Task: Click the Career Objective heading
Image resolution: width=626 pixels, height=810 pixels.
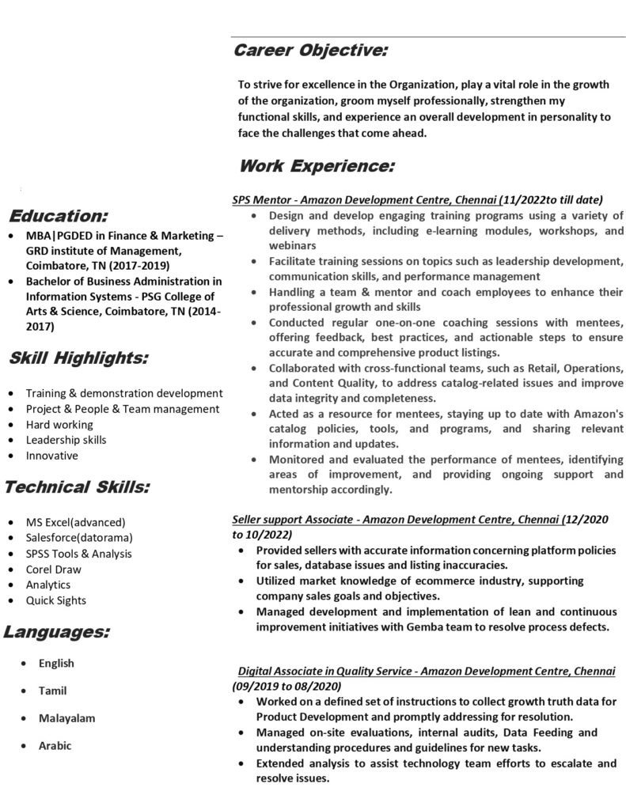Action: coord(310,51)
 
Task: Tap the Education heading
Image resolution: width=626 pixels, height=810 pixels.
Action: coord(59,216)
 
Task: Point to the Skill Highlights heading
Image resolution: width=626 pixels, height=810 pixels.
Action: coord(78,358)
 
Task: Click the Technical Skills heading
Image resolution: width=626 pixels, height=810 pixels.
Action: coord(76,486)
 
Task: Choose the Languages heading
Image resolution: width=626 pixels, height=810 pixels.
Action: coord(56,631)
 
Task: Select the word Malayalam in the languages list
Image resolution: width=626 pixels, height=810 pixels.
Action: coord(66,718)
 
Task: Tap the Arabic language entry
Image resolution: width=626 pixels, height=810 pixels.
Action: coord(55,745)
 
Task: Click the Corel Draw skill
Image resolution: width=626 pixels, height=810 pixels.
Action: coord(53,569)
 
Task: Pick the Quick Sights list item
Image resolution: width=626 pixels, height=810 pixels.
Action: coord(55,600)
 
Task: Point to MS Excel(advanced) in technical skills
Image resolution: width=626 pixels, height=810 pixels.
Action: coord(75,522)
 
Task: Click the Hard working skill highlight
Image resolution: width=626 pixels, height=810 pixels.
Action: coord(59,424)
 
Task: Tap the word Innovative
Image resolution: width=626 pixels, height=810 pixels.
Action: coord(51,456)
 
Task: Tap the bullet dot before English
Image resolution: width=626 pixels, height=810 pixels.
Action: coord(28,663)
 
